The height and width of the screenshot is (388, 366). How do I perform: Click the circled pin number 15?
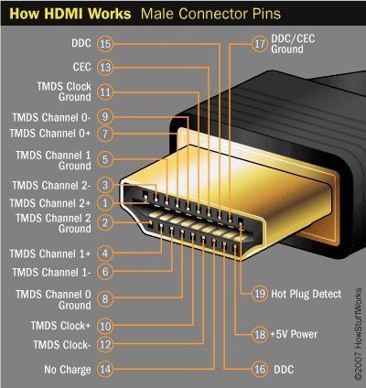pos(105,43)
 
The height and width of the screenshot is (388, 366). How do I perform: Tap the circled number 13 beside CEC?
pos(105,67)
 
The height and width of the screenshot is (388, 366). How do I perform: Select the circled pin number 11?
pos(105,92)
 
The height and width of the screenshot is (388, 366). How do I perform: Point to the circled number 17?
pos(259,43)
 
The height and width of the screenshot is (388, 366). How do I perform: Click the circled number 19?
pos(259,294)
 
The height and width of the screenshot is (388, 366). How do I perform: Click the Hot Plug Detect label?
pos(306,294)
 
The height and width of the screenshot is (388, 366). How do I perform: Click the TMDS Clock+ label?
pos(60,325)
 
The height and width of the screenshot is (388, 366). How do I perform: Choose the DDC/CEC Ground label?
pos(301,49)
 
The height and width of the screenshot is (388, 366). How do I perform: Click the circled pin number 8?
pos(105,298)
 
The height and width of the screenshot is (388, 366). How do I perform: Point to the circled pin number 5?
pos(105,159)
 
